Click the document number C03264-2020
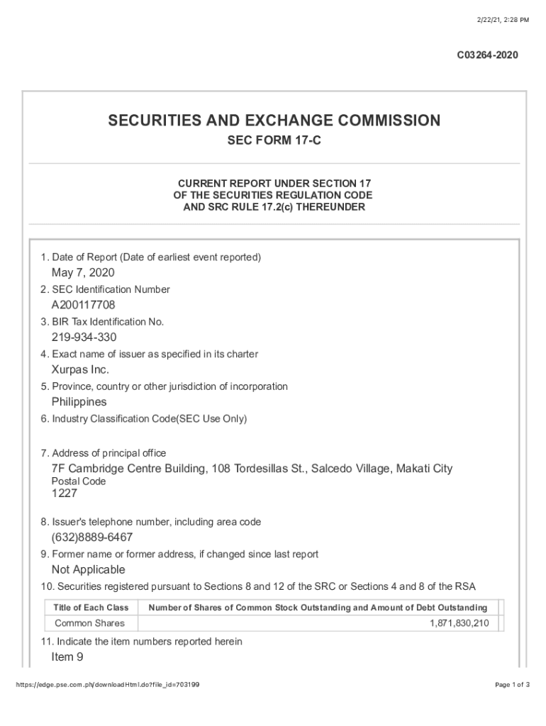(x=487, y=55)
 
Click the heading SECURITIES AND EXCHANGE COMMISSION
(x=274, y=121)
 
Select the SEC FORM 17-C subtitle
(x=274, y=141)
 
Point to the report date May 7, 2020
(x=83, y=273)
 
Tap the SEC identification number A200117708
(x=83, y=305)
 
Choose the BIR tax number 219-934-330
(x=84, y=337)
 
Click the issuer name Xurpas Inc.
(x=80, y=370)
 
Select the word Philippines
(x=79, y=402)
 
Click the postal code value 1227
(x=64, y=493)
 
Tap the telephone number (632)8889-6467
(x=92, y=537)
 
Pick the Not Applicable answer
(x=88, y=570)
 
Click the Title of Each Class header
(x=91, y=608)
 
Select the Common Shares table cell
(x=89, y=623)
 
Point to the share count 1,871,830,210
(x=459, y=623)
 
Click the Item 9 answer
(x=67, y=657)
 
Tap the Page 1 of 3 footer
(x=511, y=684)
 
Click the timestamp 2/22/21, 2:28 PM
(x=503, y=20)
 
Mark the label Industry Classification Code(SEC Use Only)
(x=144, y=419)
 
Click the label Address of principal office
(x=104, y=453)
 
